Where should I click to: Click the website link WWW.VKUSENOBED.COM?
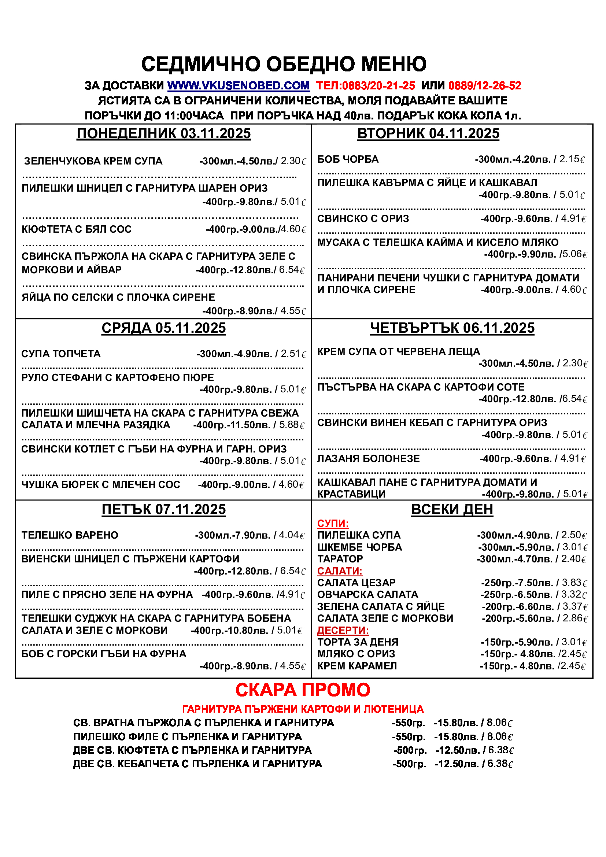coord(239,86)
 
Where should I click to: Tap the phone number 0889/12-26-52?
coord(484,86)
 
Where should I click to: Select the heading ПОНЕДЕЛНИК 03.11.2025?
coord(163,134)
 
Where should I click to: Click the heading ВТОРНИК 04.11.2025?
coord(428,134)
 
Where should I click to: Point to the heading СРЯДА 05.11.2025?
coord(163,328)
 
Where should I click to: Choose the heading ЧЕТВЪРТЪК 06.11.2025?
coord(452,328)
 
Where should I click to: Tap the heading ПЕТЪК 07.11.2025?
coord(163,510)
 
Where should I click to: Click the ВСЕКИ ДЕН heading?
coord(452,510)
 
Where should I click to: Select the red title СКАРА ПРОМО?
coord(303,690)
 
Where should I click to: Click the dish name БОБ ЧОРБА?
coord(348,159)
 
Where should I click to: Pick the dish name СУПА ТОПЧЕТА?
coord(61,354)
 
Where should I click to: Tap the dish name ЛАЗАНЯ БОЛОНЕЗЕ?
coord(368,458)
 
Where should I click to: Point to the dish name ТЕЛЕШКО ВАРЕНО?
coord(70,535)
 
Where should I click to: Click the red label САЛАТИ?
coord(340,571)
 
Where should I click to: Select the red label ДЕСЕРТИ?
coord(343,631)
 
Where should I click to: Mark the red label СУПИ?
coord(333,524)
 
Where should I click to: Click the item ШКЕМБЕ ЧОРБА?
coord(359,547)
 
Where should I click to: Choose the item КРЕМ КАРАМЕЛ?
coord(357,666)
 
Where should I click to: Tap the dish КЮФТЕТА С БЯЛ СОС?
coord(77,229)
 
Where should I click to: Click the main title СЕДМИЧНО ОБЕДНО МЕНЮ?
coord(284,64)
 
